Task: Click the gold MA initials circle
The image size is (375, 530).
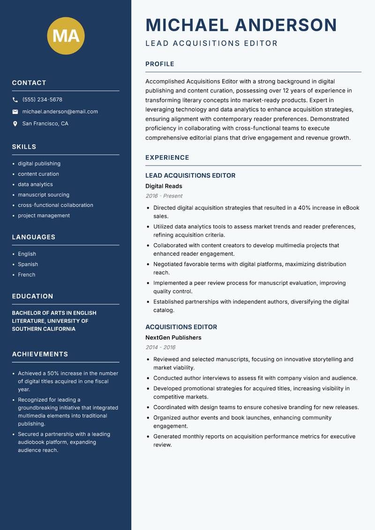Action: click(x=66, y=36)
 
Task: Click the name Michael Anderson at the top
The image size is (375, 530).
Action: click(x=241, y=25)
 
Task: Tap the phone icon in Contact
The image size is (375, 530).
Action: click(x=15, y=100)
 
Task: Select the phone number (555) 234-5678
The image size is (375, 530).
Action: click(x=42, y=100)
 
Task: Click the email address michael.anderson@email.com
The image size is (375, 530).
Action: click(x=60, y=112)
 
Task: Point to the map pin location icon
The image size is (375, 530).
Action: click(x=15, y=124)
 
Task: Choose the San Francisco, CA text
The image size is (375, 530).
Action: click(x=45, y=124)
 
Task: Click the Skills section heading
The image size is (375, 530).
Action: click(x=24, y=147)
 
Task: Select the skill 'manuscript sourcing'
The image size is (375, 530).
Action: click(x=44, y=195)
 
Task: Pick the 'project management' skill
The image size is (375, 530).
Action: click(x=44, y=216)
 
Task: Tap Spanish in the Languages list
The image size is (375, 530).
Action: click(x=28, y=265)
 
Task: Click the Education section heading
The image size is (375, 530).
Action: click(x=32, y=296)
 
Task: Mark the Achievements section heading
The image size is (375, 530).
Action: click(x=40, y=354)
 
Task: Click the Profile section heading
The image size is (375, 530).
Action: click(x=159, y=64)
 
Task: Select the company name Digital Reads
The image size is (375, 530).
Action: click(x=164, y=186)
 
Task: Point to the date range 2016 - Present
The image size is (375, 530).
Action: click(x=164, y=196)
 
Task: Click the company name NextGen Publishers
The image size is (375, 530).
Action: click(x=173, y=338)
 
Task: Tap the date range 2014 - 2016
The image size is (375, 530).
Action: click(x=160, y=348)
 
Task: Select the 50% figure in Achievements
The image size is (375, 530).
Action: click(x=53, y=373)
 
